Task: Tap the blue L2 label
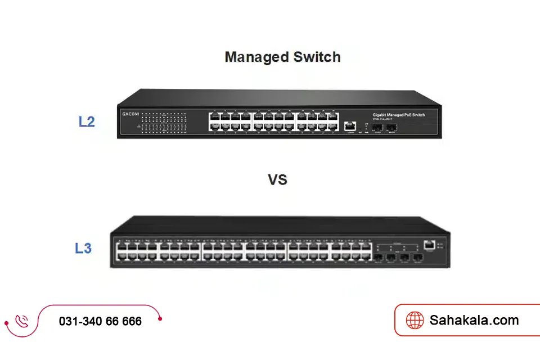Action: coord(86,121)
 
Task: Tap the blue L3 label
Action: coord(83,247)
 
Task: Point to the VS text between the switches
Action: coord(277,179)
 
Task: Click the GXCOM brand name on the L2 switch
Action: coord(130,114)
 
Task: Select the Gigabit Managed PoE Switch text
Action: coord(398,115)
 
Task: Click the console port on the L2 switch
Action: coord(350,125)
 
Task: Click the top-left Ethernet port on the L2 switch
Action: coord(214,116)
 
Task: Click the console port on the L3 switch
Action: coord(430,244)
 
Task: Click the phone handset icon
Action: coord(22,321)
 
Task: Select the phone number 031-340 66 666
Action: coord(100,322)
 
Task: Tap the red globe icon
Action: coord(415,321)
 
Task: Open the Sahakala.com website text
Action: coord(474,321)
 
